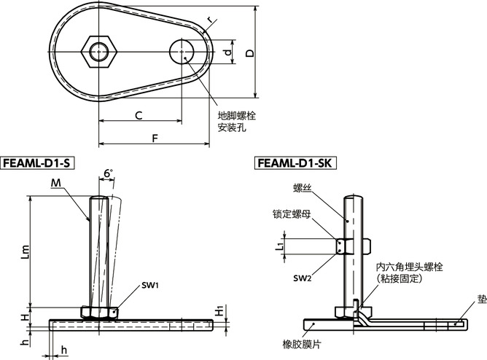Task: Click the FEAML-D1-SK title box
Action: (295, 163)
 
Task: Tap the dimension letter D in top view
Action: (250, 52)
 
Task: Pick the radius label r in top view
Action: (209, 20)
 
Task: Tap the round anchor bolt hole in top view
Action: (182, 52)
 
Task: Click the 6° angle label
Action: (109, 173)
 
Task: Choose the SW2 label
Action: (303, 278)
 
